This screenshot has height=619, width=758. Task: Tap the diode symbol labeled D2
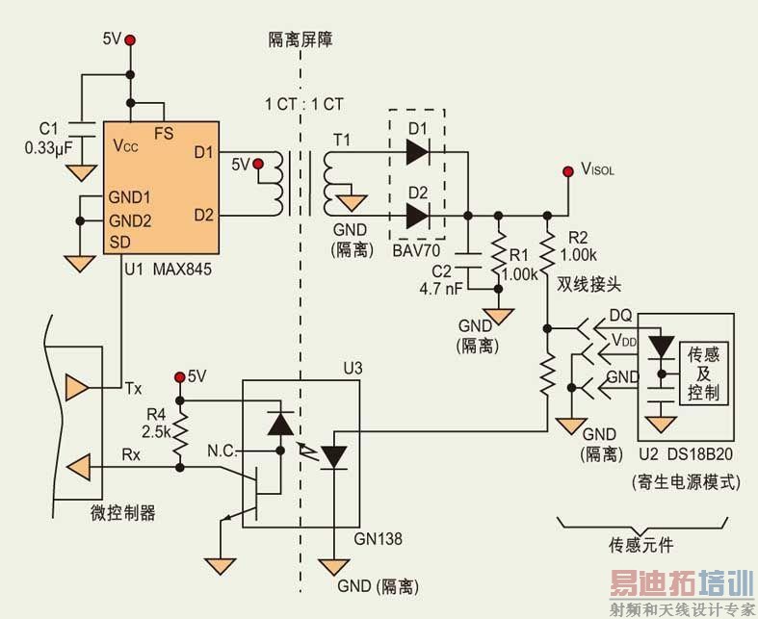(x=418, y=216)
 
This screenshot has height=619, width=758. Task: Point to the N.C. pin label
(x=227, y=450)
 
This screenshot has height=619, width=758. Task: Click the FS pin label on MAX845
(x=164, y=134)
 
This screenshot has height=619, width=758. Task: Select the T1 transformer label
(x=342, y=141)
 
